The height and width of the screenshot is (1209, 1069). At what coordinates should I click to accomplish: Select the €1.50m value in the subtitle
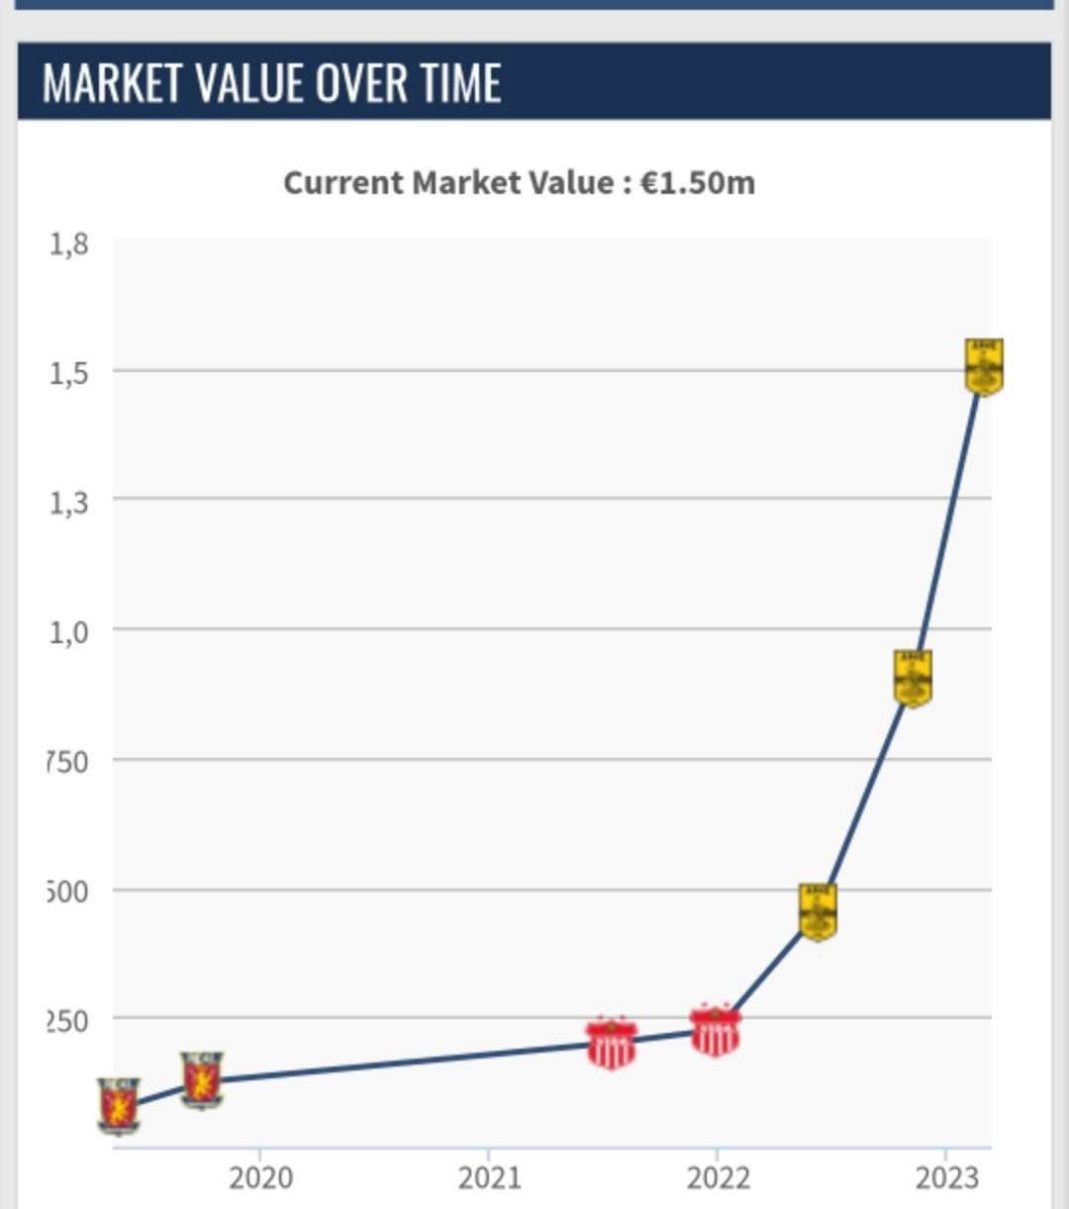(x=698, y=183)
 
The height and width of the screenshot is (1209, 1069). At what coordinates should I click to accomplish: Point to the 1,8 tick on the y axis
(x=68, y=243)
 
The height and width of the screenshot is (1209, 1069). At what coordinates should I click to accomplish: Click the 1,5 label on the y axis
(x=68, y=373)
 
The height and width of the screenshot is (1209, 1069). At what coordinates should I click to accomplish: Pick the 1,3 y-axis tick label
(x=68, y=503)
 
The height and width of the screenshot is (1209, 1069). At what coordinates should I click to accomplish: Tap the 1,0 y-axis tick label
(x=68, y=631)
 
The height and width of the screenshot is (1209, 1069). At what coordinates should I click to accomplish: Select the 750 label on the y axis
(x=67, y=762)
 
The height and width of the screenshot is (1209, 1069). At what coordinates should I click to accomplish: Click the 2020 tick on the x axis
(x=260, y=1177)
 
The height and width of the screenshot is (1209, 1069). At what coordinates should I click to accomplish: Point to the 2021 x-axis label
(x=489, y=1177)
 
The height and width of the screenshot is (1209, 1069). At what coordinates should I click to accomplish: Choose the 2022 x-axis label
(x=718, y=1177)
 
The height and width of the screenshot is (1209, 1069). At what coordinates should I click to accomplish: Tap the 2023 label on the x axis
(x=946, y=1177)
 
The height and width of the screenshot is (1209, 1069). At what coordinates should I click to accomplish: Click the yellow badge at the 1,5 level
(x=984, y=367)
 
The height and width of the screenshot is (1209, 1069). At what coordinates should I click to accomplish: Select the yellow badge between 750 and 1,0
(x=913, y=679)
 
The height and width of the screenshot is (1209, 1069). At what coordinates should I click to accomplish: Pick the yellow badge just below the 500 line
(x=818, y=911)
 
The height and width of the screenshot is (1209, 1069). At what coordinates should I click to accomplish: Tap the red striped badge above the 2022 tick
(x=715, y=1031)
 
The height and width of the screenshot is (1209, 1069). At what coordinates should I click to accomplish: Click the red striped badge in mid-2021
(x=611, y=1043)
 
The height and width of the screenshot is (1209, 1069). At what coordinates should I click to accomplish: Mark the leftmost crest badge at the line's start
(x=119, y=1105)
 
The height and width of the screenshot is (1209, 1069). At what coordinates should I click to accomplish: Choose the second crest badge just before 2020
(x=202, y=1079)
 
